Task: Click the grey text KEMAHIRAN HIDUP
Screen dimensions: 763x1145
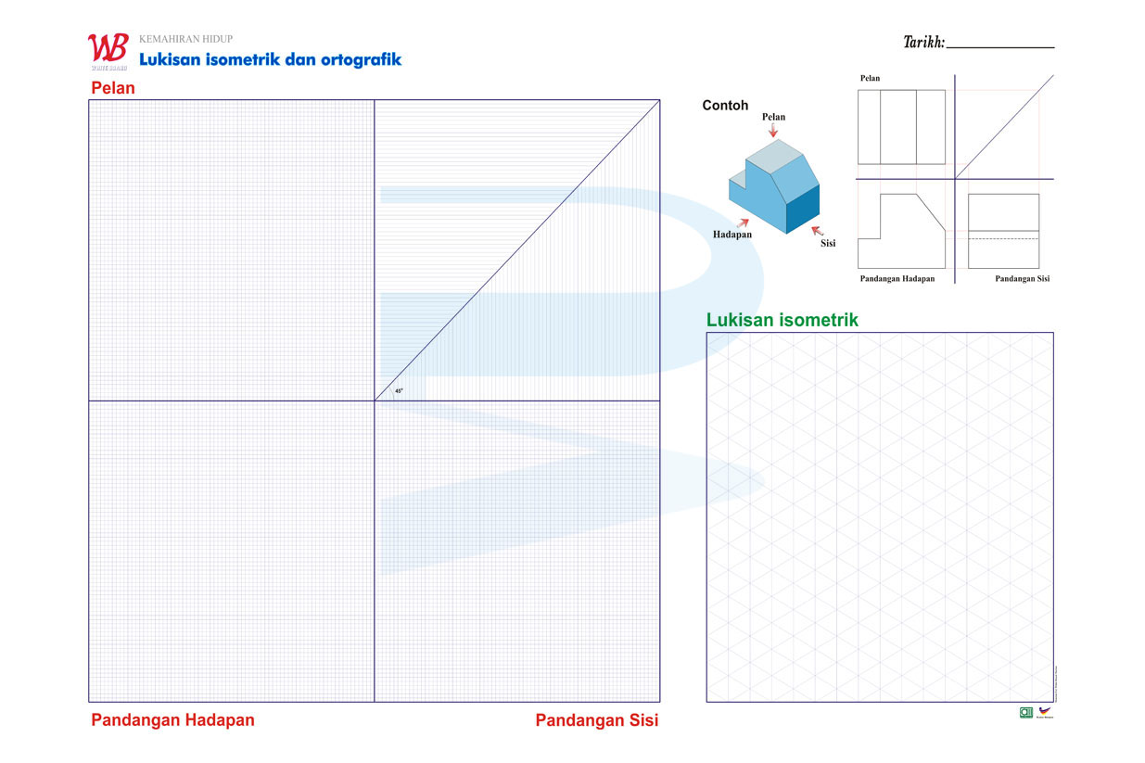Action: pyautogui.click(x=185, y=39)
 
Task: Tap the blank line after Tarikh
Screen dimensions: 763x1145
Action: pyautogui.click(x=1000, y=44)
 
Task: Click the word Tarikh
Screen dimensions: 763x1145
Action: pyautogui.click(x=923, y=42)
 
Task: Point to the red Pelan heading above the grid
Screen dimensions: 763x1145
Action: pyautogui.click(x=113, y=89)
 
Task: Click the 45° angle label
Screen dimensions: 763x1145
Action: pyautogui.click(x=399, y=391)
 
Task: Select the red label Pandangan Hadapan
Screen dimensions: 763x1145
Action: pyautogui.click(x=172, y=720)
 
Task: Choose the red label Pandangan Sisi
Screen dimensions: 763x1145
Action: pyautogui.click(x=597, y=720)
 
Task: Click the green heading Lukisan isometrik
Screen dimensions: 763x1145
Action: pyautogui.click(x=782, y=320)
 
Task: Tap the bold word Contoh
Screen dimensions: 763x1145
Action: pyautogui.click(x=725, y=106)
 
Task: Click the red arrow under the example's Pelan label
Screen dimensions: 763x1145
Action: pyautogui.click(x=773, y=131)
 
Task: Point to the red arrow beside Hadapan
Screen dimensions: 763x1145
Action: pyautogui.click(x=743, y=223)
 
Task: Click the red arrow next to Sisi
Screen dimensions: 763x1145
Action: pyautogui.click(x=816, y=230)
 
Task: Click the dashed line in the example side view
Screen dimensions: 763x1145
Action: pyautogui.click(x=1003, y=239)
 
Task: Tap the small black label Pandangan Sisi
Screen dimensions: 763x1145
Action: pyautogui.click(x=1022, y=278)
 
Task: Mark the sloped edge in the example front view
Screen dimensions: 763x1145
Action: pyautogui.click(x=931, y=212)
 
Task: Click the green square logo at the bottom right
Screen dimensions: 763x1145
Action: pyautogui.click(x=1026, y=712)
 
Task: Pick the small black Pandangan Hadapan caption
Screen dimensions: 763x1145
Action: pyautogui.click(x=897, y=278)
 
